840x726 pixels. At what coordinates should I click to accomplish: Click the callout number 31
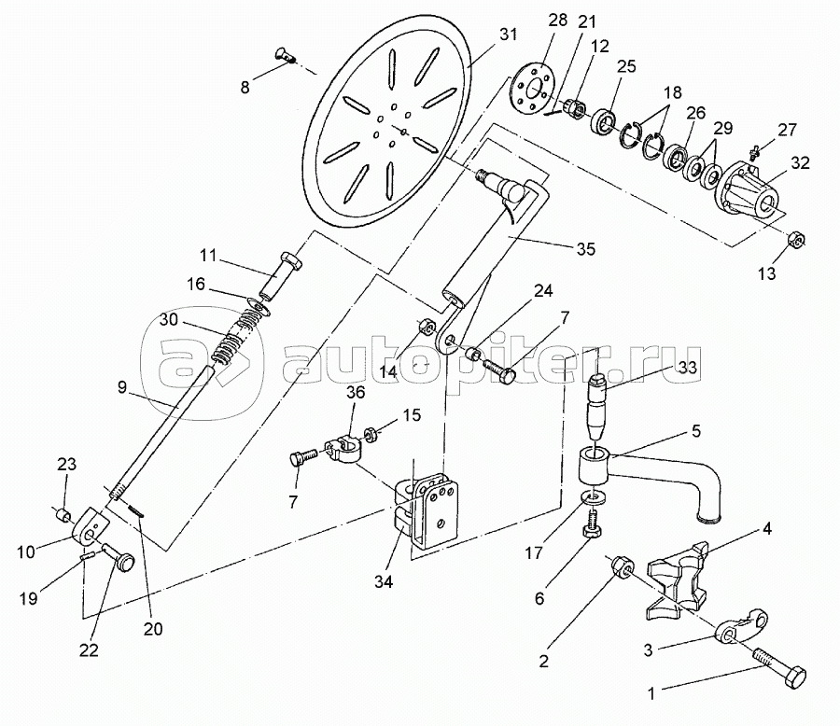point(508,35)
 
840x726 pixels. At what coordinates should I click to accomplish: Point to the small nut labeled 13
point(795,239)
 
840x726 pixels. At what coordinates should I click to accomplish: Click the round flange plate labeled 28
point(529,90)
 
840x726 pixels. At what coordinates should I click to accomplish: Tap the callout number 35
point(586,249)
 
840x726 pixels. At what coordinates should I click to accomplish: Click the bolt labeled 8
point(286,55)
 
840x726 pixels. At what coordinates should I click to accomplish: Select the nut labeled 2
point(622,565)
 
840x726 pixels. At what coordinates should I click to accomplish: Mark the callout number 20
point(153,628)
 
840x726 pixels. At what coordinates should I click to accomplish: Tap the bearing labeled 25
point(605,120)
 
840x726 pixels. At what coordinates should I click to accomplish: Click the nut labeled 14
point(426,326)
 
